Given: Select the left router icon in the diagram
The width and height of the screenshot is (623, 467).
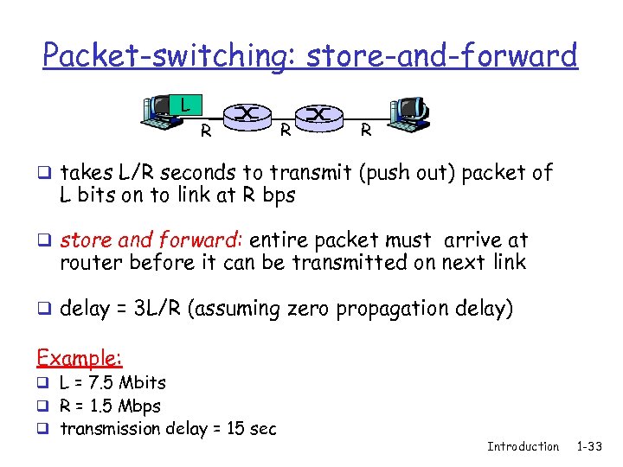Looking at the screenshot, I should click(247, 114).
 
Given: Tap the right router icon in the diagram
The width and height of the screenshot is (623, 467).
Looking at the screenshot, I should click(320, 114).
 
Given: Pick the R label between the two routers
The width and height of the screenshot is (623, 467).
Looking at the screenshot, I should click(285, 131).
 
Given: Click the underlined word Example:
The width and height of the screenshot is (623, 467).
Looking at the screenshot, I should click(79, 357).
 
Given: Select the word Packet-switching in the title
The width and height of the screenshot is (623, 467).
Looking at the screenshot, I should click(164, 56).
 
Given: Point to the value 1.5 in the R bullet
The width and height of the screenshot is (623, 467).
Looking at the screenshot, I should click(103, 406).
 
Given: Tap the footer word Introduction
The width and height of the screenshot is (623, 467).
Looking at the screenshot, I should click(523, 446).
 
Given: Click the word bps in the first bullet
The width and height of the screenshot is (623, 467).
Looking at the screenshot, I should click(279, 195).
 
